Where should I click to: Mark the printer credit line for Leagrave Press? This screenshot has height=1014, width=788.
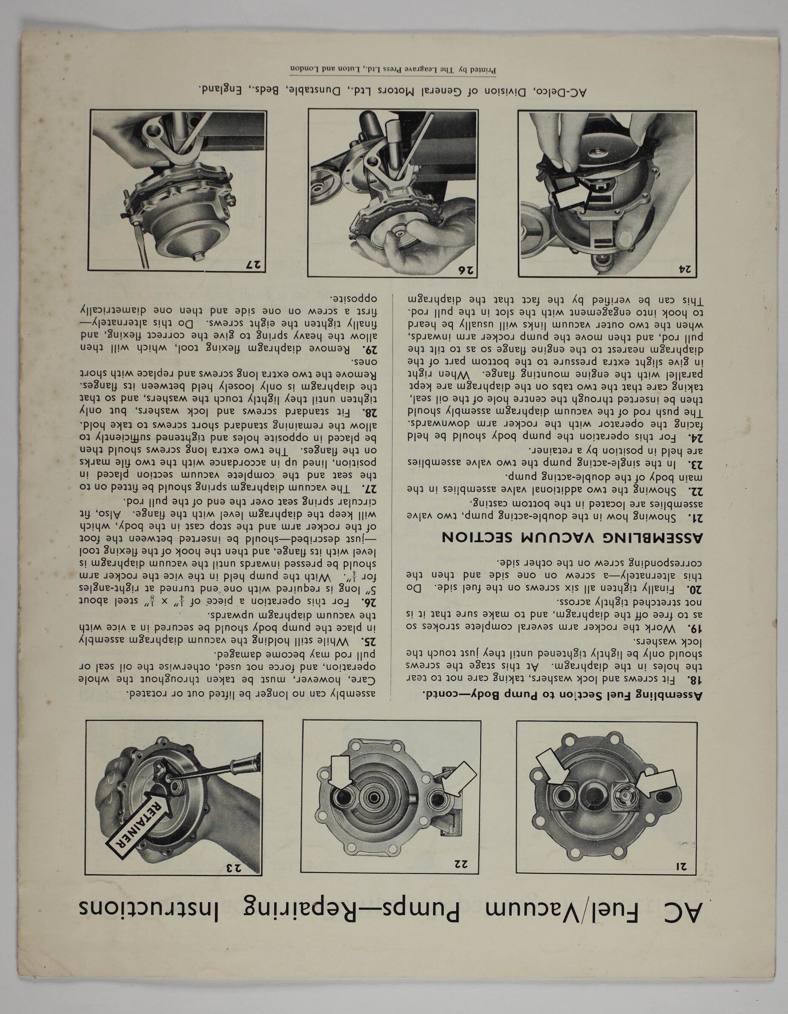coord(393,70)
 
